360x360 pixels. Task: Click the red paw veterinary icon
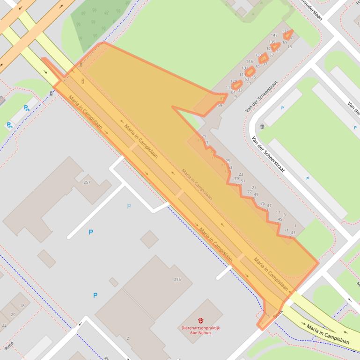(200, 321)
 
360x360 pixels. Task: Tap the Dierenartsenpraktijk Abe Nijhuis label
(200, 331)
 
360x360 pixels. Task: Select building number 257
(87, 182)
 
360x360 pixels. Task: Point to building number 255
(177, 280)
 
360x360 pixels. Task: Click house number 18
(22, 306)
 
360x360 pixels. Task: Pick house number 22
(4, 325)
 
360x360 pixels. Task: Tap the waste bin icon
(262, 126)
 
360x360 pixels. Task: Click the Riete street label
(8, 346)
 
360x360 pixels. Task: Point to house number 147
(274, 36)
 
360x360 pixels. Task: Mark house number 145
(249, 62)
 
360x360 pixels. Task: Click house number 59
(220, 106)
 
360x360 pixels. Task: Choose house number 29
(204, 136)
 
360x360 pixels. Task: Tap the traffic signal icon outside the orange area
(51, 93)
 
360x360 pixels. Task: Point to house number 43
(293, 232)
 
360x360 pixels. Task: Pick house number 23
(241, 174)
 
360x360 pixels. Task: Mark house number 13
(289, 47)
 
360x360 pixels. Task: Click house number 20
(13, 315)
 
